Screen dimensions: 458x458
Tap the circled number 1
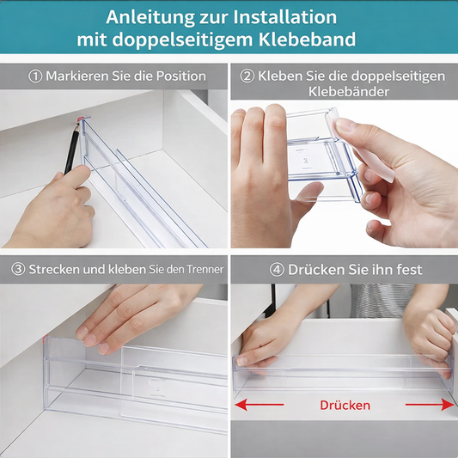click(x=35, y=76)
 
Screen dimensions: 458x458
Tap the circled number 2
click(x=247, y=76)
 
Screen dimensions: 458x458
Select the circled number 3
click(x=17, y=269)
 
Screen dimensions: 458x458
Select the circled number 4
click(x=277, y=269)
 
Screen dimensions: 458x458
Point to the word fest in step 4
click(x=406, y=269)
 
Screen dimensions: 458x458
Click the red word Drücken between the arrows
click(x=345, y=405)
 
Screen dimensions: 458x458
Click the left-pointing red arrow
click(x=258, y=403)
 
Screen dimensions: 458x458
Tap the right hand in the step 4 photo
click(x=434, y=339)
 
